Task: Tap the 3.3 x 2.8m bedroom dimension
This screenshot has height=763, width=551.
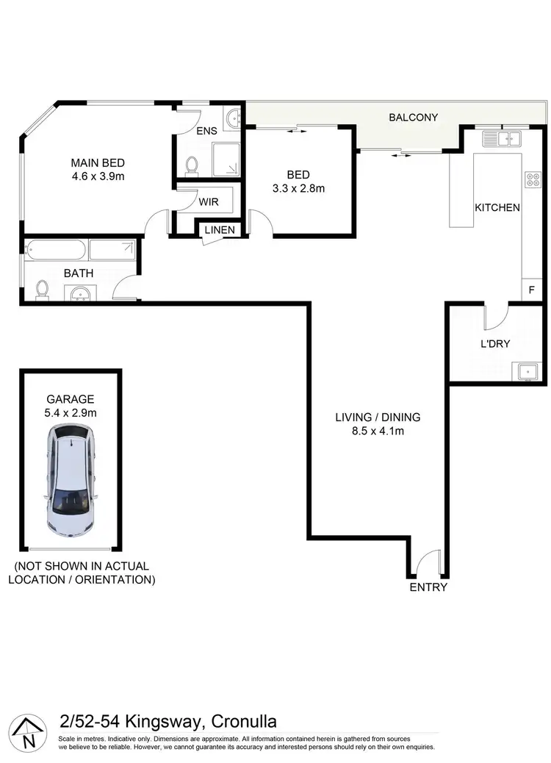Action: pos(298,188)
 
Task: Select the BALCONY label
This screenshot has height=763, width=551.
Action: pos(413,118)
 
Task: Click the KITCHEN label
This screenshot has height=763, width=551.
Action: pos(497,208)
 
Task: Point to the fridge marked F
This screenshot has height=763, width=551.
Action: pos(531,290)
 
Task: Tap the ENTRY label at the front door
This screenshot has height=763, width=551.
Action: pos(428,587)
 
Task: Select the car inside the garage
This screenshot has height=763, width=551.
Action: pos(72,481)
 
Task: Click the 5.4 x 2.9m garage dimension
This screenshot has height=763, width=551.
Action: pos(71,412)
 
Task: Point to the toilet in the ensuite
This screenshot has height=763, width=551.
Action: pos(192,166)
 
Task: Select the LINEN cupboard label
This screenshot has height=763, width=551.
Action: pos(220,230)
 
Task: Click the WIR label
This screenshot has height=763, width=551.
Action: pos(209,201)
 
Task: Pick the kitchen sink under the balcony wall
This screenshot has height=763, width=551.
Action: pos(501,137)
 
